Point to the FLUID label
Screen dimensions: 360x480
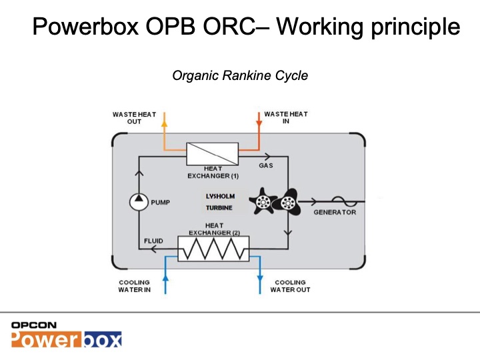153,241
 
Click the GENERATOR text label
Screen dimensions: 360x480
335,213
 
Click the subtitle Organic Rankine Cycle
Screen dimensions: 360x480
240,75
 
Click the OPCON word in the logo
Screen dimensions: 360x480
33,325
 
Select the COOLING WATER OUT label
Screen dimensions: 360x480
290,286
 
